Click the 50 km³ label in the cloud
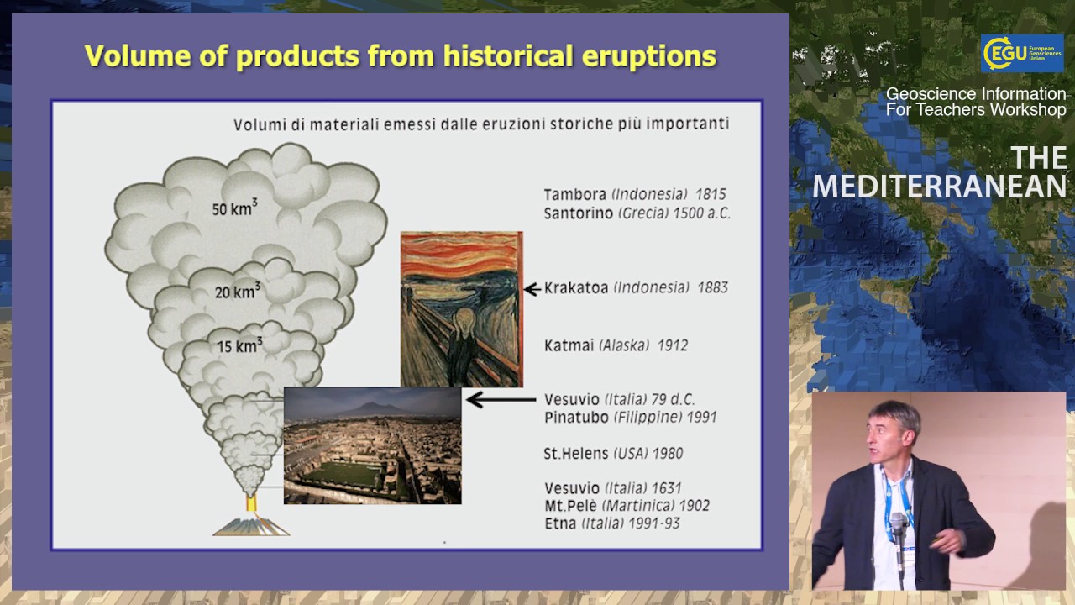234,208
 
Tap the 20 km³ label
237,292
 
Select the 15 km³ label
239,345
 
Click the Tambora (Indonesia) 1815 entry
634,194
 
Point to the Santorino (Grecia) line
637,213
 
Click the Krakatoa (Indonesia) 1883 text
636,287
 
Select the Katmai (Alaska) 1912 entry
616,345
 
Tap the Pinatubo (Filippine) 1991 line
630,417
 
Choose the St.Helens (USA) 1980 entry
613,454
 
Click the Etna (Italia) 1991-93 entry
611,523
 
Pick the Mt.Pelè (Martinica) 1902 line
627,506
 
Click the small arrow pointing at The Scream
532,289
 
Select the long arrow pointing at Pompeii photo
501,400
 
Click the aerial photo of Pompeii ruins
372,445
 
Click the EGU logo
1021,53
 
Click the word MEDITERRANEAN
939,186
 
